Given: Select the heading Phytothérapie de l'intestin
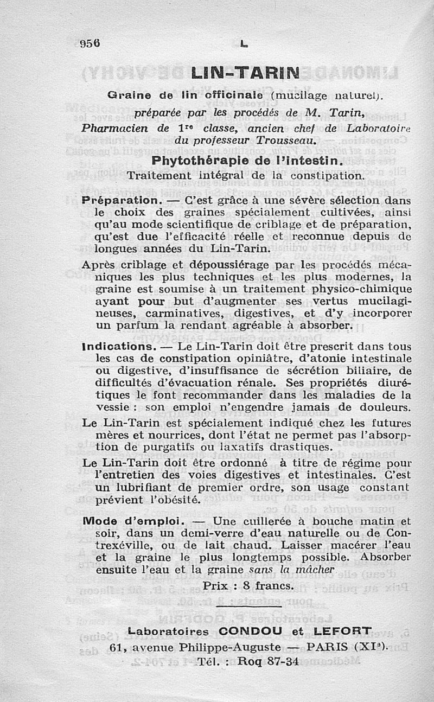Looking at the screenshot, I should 247,161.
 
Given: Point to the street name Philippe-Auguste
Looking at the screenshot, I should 233,647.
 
